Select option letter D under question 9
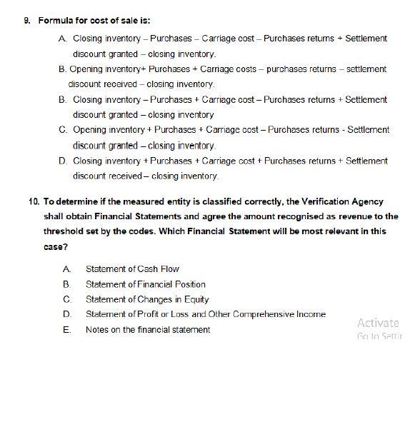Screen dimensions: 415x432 [x=64, y=161]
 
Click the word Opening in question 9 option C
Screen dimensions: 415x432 [x=90, y=130]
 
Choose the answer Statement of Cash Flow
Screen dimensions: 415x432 [x=132, y=269]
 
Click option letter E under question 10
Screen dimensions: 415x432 [x=65, y=329]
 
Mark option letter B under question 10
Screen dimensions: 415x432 [x=65, y=284]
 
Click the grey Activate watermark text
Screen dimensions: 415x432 [x=378, y=323]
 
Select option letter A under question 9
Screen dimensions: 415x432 [x=64, y=38]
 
